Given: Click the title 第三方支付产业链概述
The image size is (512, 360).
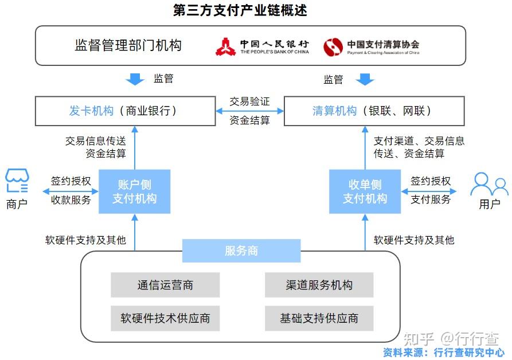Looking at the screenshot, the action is click(x=240, y=10).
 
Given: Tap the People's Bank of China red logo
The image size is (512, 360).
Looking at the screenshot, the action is click(x=225, y=46).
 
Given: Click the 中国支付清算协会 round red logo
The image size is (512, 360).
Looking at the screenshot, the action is click(x=333, y=46).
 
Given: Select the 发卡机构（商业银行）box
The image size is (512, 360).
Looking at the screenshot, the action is click(x=126, y=111).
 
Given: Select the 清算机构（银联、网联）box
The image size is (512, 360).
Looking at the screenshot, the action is click(x=374, y=111).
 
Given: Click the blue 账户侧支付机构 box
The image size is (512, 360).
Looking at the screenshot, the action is click(x=135, y=191).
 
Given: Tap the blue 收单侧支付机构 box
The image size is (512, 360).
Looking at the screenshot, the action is click(x=365, y=191).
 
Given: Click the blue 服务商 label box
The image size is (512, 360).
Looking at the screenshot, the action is click(x=241, y=251).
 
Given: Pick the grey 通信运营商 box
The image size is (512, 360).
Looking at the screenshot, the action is click(x=165, y=285).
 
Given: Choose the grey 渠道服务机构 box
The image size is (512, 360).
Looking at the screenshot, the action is click(x=319, y=285).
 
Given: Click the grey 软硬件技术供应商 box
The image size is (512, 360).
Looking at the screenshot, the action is click(x=165, y=318).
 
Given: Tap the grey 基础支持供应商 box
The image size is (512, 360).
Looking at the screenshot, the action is click(x=319, y=318).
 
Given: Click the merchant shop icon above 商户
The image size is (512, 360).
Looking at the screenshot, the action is click(x=17, y=181).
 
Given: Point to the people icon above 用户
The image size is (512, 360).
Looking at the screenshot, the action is click(x=489, y=184).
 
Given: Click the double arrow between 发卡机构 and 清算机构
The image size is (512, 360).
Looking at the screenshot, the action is click(x=250, y=111).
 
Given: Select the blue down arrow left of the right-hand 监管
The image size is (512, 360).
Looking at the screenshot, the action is click(x=365, y=79).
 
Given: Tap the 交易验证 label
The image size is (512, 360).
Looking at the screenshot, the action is click(x=250, y=101).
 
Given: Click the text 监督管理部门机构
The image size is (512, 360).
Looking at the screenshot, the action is click(x=128, y=45).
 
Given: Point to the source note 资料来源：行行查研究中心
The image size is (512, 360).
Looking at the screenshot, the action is click(x=444, y=353).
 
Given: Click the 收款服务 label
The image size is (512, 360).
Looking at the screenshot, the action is click(x=71, y=199).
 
